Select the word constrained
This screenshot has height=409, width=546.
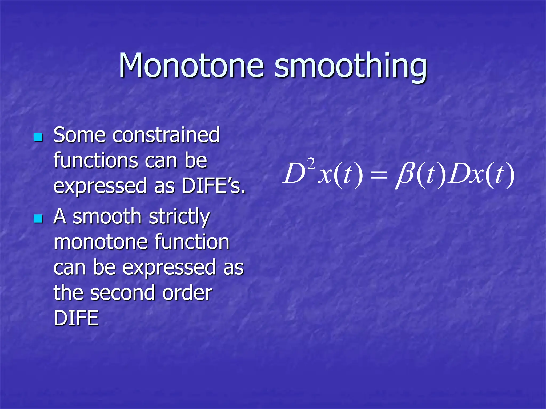click(x=166, y=135)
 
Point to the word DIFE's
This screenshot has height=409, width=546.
click(x=213, y=186)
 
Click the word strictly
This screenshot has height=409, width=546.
click(x=179, y=217)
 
